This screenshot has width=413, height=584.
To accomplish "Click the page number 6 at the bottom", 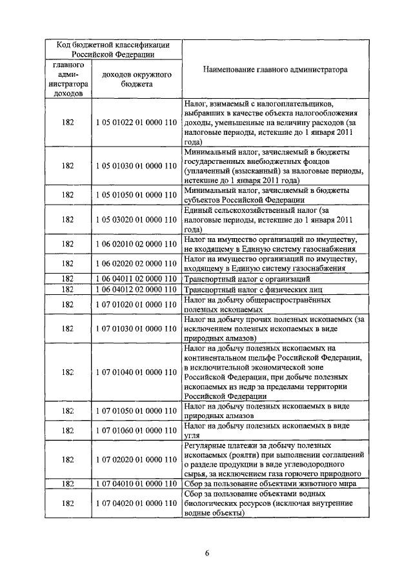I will coord(207,553).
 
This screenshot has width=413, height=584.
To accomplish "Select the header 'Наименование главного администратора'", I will coord(275,69).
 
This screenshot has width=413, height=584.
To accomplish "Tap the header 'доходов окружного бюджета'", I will coord(136,79).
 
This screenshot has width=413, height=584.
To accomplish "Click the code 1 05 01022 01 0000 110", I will coord(136,122).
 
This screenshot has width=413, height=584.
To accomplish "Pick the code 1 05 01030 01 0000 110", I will coord(136,166).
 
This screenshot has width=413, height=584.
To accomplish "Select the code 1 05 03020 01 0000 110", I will coord(136,219).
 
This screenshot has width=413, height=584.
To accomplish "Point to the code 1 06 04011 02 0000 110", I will coord(136,279).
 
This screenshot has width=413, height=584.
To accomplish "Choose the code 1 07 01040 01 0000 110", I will coord(136,372).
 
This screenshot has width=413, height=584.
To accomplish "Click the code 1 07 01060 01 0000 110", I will coord(136,430).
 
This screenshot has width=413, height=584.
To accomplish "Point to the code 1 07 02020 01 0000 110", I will coord(136,459).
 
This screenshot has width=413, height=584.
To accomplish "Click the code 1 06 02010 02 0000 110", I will coord(136,244).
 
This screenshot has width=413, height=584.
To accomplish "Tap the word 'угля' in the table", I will coord(192,436).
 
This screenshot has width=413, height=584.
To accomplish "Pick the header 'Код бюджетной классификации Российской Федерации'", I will coord(114,50).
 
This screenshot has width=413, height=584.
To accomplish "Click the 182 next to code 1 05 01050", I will coord(68,194).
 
